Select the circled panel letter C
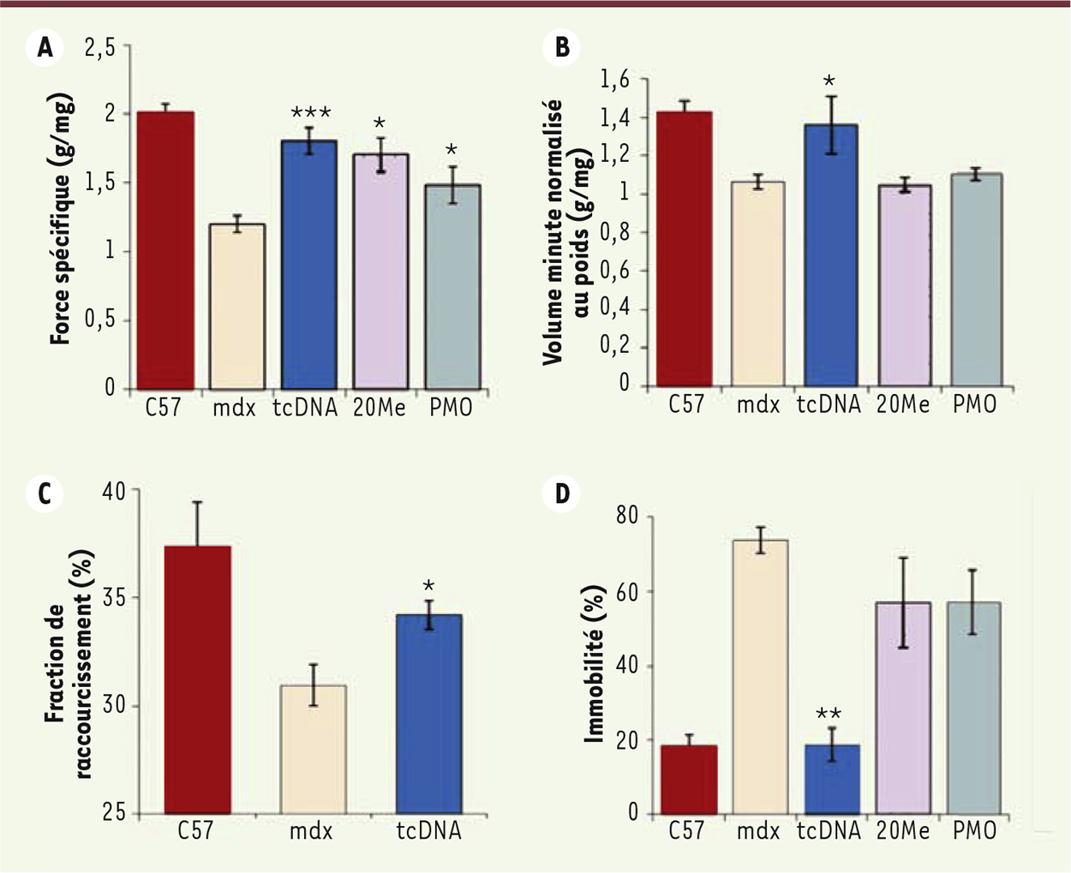click(x=45, y=494)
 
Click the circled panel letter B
click(x=562, y=47)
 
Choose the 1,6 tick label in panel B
click(x=614, y=80)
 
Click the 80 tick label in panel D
click(x=628, y=516)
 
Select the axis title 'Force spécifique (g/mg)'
click(x=62, y=218)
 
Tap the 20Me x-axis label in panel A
click(x=379, y=408)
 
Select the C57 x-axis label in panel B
click(x=686, y=404)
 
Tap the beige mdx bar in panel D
click(x=760, y=676)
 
